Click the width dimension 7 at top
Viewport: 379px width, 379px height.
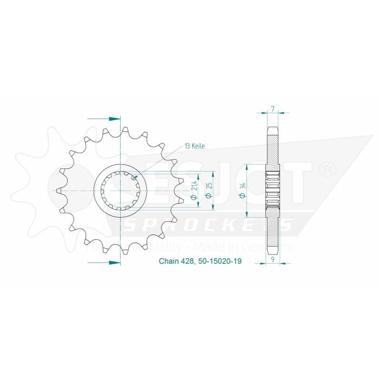click(273, 108)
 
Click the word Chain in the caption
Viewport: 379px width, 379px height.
click(168, 261)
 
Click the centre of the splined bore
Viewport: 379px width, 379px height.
click(120, 190)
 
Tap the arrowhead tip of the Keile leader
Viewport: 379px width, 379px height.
click(134, 178)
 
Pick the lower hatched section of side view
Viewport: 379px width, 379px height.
click(273, 233)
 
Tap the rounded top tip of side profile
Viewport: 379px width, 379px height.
click(273, 128)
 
